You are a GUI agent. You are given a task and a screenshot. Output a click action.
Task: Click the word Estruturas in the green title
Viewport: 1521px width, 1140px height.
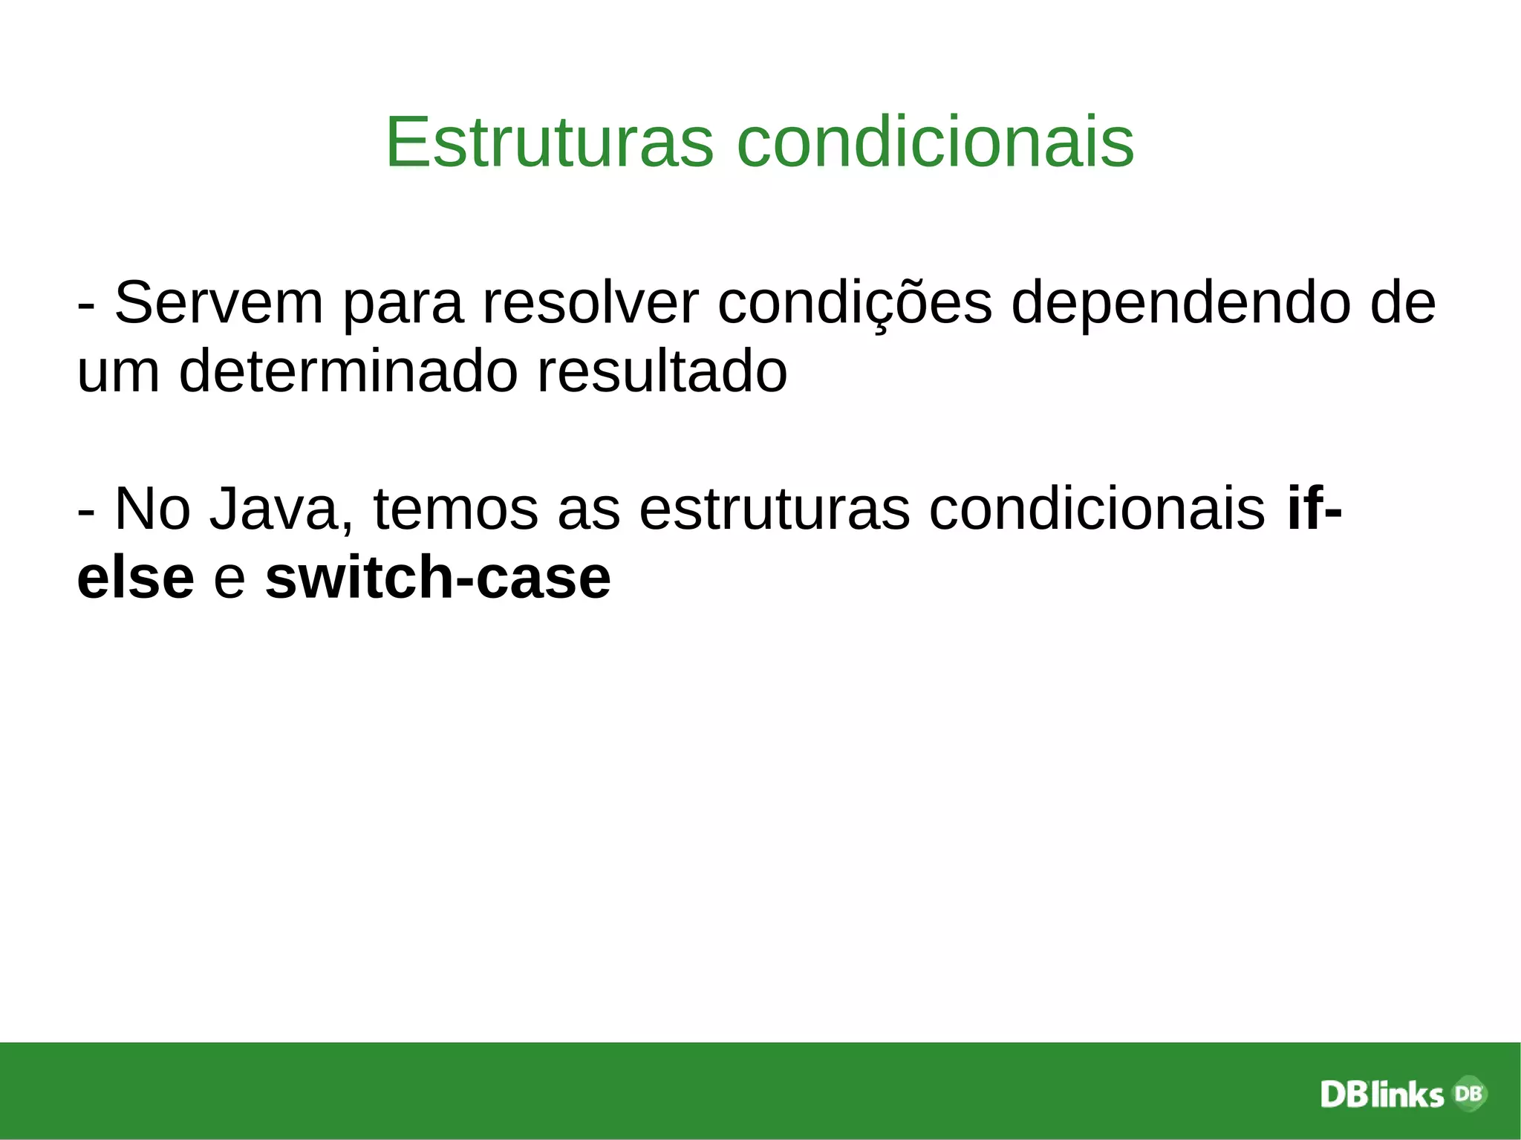[550, 142]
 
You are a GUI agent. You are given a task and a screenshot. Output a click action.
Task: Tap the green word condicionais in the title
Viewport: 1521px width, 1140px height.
[935, 142]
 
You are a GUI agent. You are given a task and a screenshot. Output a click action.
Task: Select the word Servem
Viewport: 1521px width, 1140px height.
[219, 302]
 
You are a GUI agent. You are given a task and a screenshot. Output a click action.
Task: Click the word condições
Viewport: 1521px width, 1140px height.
[854, 302]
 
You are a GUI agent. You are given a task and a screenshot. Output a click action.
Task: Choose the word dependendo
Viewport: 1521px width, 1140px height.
[1181, 302]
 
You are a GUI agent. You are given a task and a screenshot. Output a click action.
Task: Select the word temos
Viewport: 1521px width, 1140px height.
[455, 509]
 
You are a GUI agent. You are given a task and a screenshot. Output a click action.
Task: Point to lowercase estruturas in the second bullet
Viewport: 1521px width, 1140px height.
[774, 509]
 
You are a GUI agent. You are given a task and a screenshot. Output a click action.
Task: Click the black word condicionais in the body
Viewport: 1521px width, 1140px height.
[1097, 509]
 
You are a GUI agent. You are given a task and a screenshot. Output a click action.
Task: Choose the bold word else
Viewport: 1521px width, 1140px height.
[135, 578]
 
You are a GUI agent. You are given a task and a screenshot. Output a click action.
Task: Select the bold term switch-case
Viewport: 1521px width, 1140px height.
[437, 578]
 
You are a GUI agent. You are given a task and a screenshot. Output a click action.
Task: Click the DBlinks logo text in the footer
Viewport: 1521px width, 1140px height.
[1381, 1095]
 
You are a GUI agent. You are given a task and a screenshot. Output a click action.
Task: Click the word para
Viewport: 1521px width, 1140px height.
[403, 302]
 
